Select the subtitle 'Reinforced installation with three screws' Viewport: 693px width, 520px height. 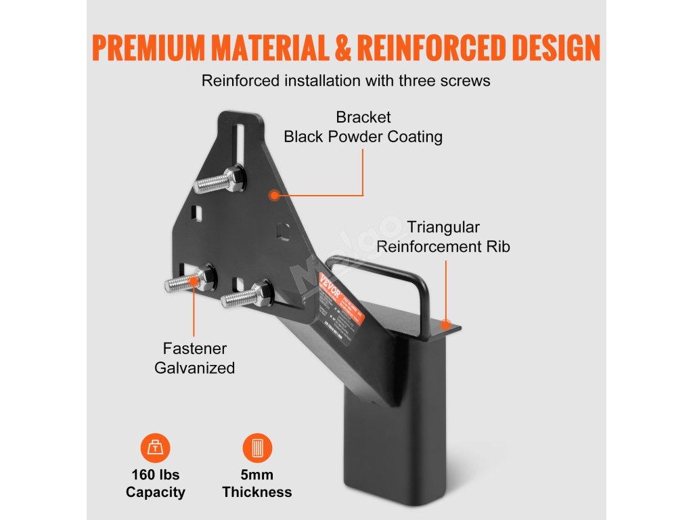(346, 81)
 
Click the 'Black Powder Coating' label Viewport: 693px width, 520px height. (363, 136)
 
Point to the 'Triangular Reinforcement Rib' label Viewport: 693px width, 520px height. (443, 237)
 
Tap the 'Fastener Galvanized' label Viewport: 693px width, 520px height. (195, 358)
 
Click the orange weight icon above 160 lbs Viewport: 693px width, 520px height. (156, 448)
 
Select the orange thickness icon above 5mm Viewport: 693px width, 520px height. (257, 448)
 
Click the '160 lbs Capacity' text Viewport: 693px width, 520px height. (156, 483)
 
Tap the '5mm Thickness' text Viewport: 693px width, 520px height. (257, 483)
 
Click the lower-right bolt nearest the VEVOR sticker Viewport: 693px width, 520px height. (244, 295)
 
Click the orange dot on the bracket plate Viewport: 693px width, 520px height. (274, 195)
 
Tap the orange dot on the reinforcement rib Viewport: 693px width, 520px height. (445, 324)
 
